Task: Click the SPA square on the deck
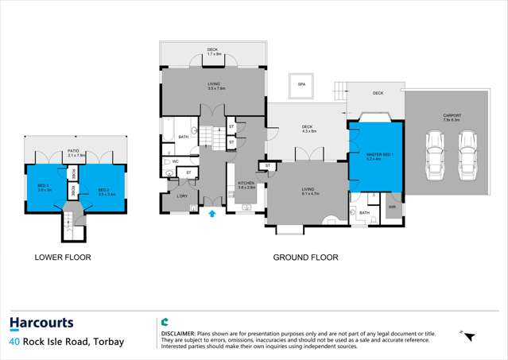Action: tap(301, 84)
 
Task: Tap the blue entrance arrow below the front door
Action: tap(212, 213)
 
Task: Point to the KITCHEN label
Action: tap(246, 184)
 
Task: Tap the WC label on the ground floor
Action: tap(175, 161)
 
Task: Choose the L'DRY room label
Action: tap(182, 196)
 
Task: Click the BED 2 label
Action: tap(103, 190)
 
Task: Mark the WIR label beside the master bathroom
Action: tap(391, 207)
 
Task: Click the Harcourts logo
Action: tap(41, 323)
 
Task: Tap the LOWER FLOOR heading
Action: tap(62, 257)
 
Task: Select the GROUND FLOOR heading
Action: tap(305, 257)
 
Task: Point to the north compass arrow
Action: tap(468, 337)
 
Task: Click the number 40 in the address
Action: tap(15, 343)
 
